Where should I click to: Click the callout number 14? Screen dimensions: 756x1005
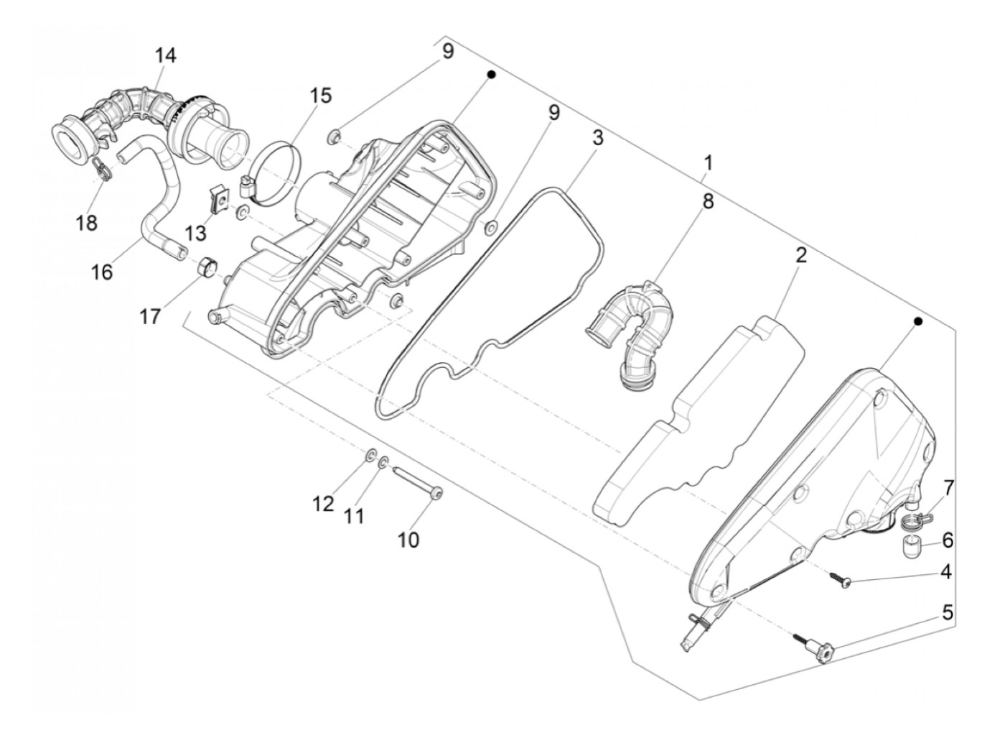[x=165, y=55]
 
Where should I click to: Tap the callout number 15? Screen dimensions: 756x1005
[x=321, y=96]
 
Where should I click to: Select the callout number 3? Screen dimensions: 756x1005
[x=597, y=138]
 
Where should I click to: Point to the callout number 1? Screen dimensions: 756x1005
[x=708, y=163]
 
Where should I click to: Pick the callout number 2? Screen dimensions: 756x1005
[x=800, y=254]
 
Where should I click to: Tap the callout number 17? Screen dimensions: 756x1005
[x=150, y=316]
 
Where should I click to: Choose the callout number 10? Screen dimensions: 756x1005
[x=408, y=539]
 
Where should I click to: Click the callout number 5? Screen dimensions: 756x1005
[x=948, y=613]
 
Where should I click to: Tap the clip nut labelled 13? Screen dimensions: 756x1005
[x=220, y=196]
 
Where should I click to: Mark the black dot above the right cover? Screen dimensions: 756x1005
[x=917, y=323]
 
